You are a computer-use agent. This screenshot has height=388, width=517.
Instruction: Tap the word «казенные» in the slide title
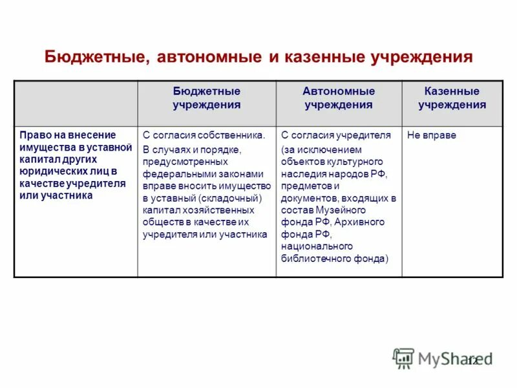pos(324,57)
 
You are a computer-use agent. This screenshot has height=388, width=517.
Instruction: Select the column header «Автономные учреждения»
pos(339,98)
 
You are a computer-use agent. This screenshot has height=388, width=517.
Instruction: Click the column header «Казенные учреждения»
pos(452,98)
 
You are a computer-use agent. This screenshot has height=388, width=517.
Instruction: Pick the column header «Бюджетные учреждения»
pos(206,98)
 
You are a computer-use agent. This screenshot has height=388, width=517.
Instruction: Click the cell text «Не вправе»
pos(432,136)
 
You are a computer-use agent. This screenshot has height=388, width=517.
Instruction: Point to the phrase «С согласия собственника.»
pos(204,136)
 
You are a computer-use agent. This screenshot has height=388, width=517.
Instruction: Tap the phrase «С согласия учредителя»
pos(336,136)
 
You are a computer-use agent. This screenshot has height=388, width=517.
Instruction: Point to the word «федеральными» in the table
pos(175,174)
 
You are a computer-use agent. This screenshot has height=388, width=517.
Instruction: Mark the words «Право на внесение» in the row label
pos(58,135)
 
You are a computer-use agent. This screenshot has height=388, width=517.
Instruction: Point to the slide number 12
pos(472,361)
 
